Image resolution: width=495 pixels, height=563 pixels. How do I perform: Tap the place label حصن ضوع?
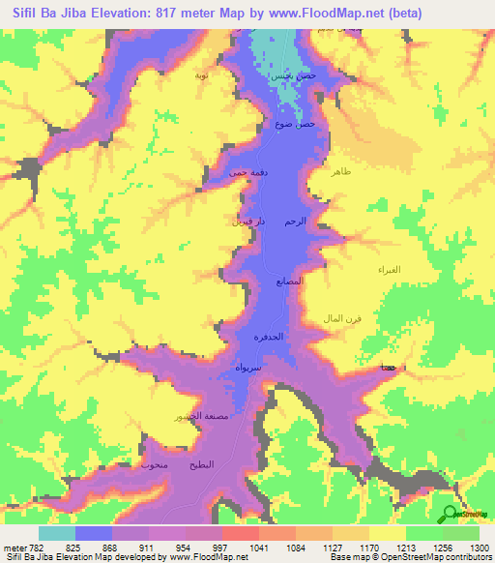click(295, 125)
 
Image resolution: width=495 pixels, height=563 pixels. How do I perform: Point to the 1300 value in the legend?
click(479, 548)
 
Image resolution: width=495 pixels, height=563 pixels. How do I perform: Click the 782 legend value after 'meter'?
click(38, 548)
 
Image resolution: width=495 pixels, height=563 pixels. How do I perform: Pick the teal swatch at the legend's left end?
click(56, 533)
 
